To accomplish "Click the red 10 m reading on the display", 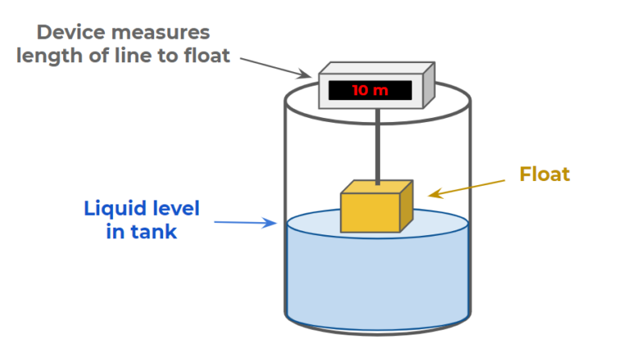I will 371,90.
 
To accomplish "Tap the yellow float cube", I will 371,213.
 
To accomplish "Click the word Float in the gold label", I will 544,174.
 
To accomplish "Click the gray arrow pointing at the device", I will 274,66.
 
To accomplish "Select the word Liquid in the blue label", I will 113,209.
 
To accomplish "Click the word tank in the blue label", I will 157,233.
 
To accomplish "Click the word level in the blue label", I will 174,209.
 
